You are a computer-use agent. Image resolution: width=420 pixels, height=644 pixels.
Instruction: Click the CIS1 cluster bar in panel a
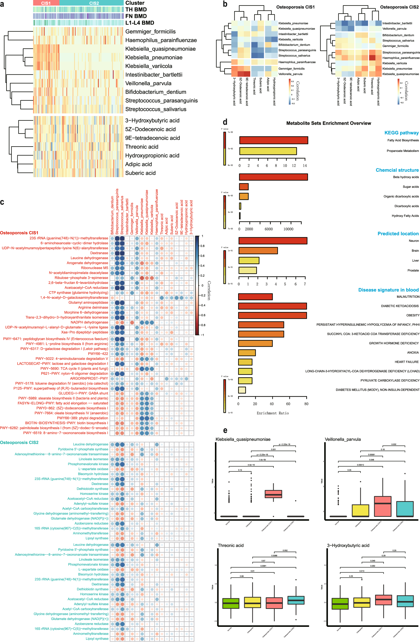click(46, 3)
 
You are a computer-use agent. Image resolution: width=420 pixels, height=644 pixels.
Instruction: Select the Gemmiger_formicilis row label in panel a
click(150, 32)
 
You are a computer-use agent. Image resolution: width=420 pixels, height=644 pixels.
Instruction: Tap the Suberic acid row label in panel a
click(140, 173)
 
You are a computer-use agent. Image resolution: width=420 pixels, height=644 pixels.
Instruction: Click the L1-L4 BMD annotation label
click(139, 23)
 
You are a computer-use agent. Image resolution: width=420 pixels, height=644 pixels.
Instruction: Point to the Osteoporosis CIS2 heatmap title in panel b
click(399, 7)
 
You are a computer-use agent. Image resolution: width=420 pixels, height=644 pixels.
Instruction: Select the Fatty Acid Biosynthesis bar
click(273, 140)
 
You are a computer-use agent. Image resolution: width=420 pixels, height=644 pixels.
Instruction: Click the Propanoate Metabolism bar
click(268, 151)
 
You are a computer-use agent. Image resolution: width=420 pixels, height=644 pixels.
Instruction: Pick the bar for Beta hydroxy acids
click(273, 177)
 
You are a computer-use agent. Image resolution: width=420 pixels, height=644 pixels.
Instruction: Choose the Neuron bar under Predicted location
click(273, 240)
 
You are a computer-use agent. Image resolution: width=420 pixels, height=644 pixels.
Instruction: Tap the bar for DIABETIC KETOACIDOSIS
click(272, 306)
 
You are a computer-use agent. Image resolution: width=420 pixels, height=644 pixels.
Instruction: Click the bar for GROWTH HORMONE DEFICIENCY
click(255, 343)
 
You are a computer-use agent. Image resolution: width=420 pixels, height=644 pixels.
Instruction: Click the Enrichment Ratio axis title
click(273, 413)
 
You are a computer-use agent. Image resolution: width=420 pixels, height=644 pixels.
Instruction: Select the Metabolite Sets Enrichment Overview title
click(328, 123)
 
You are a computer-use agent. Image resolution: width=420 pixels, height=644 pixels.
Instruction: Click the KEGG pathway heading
click(401, 132)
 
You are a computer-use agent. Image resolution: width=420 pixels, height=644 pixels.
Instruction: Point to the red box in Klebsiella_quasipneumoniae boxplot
click(273, 494)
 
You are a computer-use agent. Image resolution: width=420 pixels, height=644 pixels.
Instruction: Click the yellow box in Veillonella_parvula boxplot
click(360, 510)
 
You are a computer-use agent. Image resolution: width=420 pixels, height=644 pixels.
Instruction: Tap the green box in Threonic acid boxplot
click(231, 603)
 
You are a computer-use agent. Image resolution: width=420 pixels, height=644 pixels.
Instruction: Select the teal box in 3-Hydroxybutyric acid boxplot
click(405, 601)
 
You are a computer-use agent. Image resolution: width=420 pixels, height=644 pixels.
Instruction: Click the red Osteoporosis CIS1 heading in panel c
click(19, 233)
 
